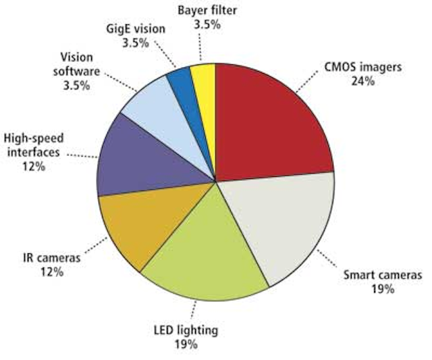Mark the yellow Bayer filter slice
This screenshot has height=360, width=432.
tap(206, 110)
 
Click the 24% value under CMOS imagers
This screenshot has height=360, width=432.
tap(363, 81)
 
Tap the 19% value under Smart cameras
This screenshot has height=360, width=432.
tap(383, 289)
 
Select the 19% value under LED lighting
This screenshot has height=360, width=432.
tap(186, 344)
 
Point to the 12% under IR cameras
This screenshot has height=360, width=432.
tap(52, 272)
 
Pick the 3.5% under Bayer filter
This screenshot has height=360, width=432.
tap(207, 25)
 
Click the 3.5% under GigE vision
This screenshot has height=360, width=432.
tap(136, 43)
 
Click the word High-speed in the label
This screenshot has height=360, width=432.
tap(34, 138)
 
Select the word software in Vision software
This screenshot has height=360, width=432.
tap(76, 72)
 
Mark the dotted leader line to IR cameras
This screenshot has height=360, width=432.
tap(96, 245)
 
